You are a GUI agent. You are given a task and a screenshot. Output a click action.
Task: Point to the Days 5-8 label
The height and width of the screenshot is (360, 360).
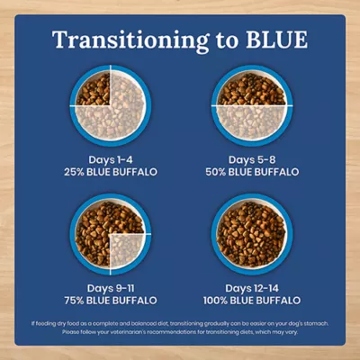pyautogui.click(x=251, y=159)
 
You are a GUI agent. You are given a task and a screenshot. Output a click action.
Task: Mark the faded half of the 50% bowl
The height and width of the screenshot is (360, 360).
pyautogui.click(x=251, y=119)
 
